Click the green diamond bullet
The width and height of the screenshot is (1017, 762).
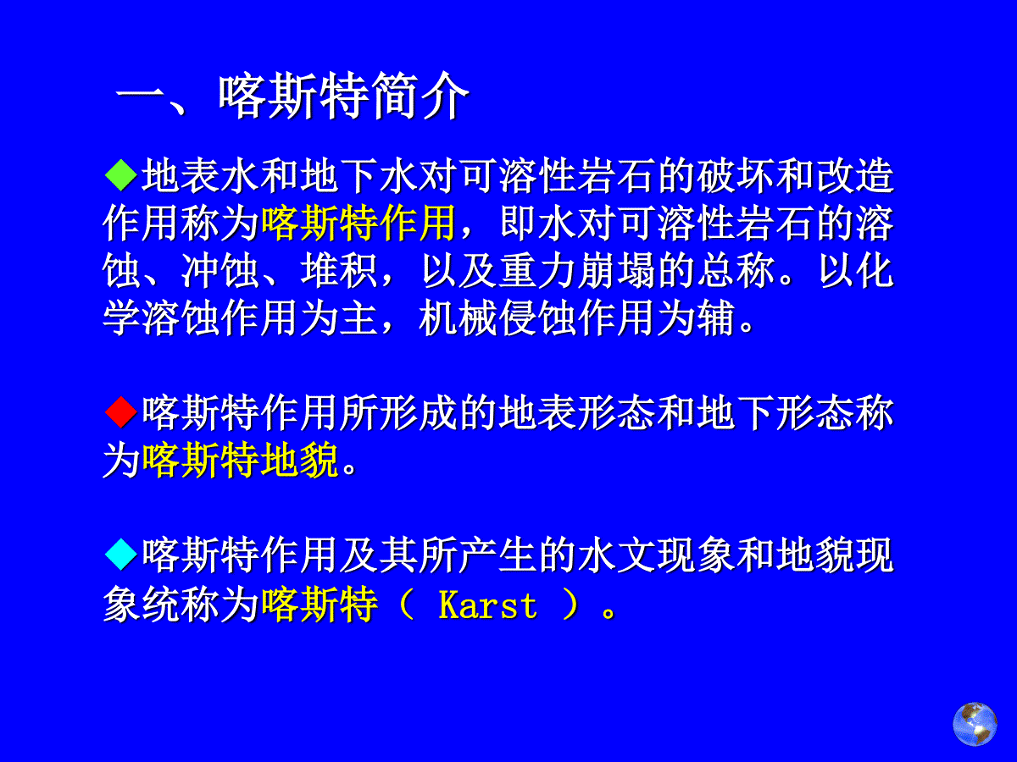[121, 175]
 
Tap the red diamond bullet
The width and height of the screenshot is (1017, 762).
[121, 411]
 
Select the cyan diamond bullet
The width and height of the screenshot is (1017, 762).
[121, 555]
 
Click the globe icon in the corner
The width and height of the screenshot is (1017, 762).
[975, 724]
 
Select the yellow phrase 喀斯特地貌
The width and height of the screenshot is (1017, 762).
[240, 460]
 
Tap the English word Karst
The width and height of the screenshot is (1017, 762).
[488, 605]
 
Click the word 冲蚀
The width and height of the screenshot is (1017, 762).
[220, 271]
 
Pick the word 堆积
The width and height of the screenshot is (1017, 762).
[339, 271]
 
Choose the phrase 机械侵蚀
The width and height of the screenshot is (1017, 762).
[497, 318]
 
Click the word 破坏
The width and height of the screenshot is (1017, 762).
[736, 176]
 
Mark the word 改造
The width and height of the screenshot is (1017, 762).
[855, 176]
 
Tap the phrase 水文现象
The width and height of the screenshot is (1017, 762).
[656, 555]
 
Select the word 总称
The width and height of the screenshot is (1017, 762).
[736, 271]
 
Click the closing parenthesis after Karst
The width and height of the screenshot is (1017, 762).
[570, 605]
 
